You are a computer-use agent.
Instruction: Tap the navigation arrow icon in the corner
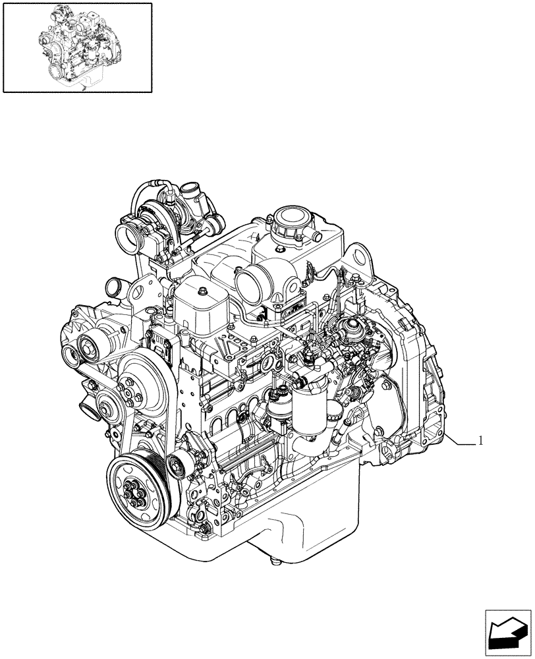click(508, 633)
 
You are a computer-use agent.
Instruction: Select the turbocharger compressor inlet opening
click(127, 234)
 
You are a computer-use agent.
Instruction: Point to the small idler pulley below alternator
click(107, 402)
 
